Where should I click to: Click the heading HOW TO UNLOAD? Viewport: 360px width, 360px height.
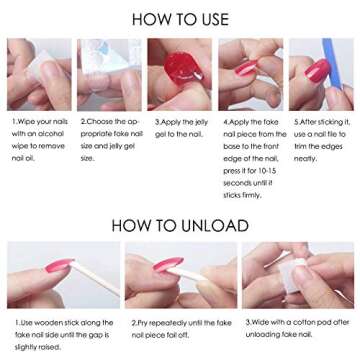pyautogui.click(x=180, y=225)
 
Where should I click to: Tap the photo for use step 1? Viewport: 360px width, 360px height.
pyautogui.click(x=40, y=74)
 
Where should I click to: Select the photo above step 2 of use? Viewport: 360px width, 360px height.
pyautogui.click(x=109, y=74)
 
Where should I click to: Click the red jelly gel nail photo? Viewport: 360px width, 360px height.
pyautogui.click(x=179, y=74)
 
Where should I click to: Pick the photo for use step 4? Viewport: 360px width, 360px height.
pyautogui.click(x=250, y=74)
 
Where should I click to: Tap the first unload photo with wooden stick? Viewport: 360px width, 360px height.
pyautogui.click(x=62, y=274)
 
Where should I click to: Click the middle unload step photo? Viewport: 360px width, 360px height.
pyautogui.click(x=179, y=274)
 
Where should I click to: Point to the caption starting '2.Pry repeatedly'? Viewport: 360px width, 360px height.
pyautogui.click(x=179, y=328)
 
